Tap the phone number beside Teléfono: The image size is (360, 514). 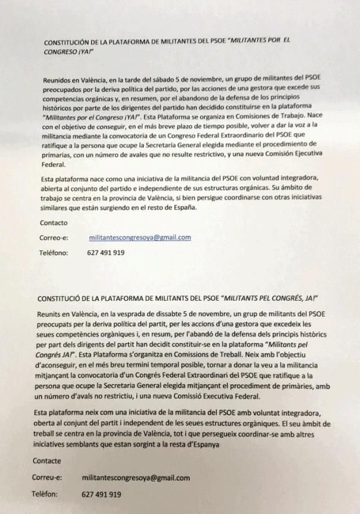pos(106,253)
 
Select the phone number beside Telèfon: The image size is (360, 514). pos(101,494)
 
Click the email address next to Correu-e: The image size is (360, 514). pos(136,478)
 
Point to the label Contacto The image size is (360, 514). pos(54,223)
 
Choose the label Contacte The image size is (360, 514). pos(48,462)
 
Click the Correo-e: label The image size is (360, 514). pos(55,238)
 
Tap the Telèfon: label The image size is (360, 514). pos(48,494)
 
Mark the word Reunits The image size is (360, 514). pos(50,313)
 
